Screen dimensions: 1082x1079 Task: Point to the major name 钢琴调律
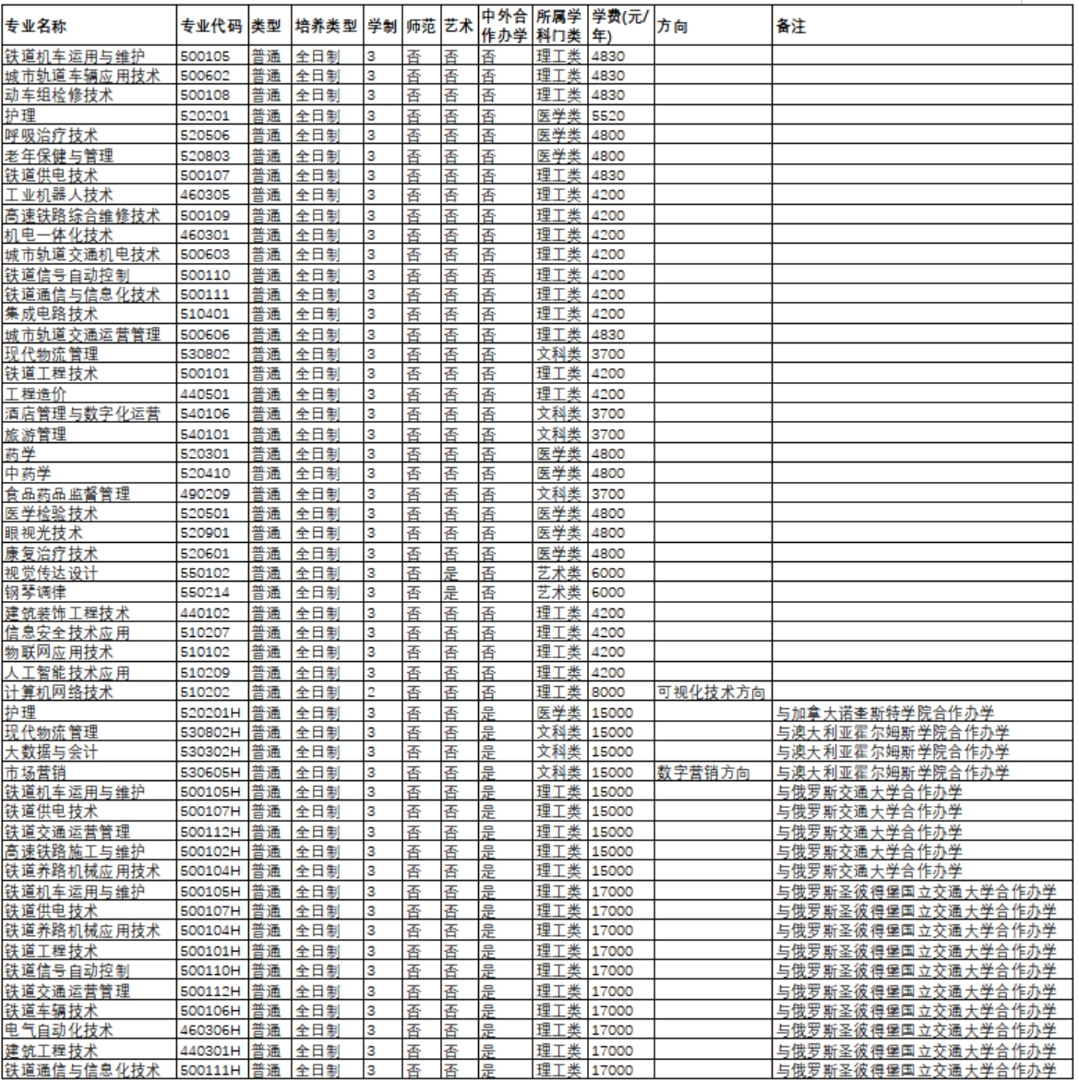[37, 593]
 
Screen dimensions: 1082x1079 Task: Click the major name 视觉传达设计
[52, 572]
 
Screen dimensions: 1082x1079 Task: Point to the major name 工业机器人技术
[58, 195]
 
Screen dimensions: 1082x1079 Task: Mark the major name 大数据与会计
[50, 751]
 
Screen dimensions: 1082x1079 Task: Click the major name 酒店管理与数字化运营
[81, 414]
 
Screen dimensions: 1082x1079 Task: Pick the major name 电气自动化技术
[58, 1030]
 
